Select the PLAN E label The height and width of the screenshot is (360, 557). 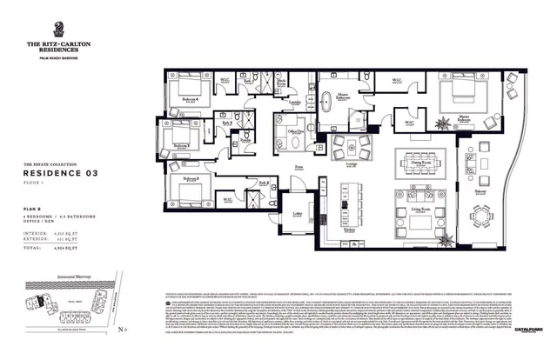point(33,211)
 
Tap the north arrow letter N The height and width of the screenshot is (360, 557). point(124,329)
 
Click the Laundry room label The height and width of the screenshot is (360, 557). point(295,103)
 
